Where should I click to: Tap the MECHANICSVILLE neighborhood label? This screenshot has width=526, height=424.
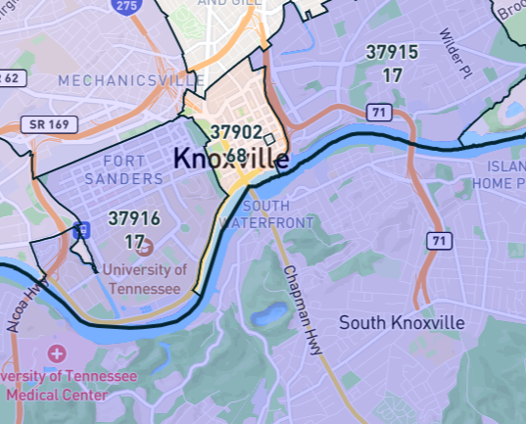pos(120,80)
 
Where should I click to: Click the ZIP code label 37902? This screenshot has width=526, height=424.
pos(235,133)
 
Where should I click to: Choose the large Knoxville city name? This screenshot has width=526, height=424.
pos(231,158)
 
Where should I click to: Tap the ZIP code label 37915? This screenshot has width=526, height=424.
pos(392,53)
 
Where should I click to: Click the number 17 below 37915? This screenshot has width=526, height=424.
pos(392,73)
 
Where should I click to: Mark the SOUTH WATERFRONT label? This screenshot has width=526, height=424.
pos(279,213)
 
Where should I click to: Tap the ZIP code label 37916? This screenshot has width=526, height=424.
pos(134,218)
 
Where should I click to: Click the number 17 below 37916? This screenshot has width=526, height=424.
pos(134,240)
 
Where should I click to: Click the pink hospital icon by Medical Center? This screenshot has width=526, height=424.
pos(57,353)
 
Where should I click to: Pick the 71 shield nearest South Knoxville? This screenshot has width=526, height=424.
pos(438,240)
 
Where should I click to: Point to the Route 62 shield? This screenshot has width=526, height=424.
pos(8,77)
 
